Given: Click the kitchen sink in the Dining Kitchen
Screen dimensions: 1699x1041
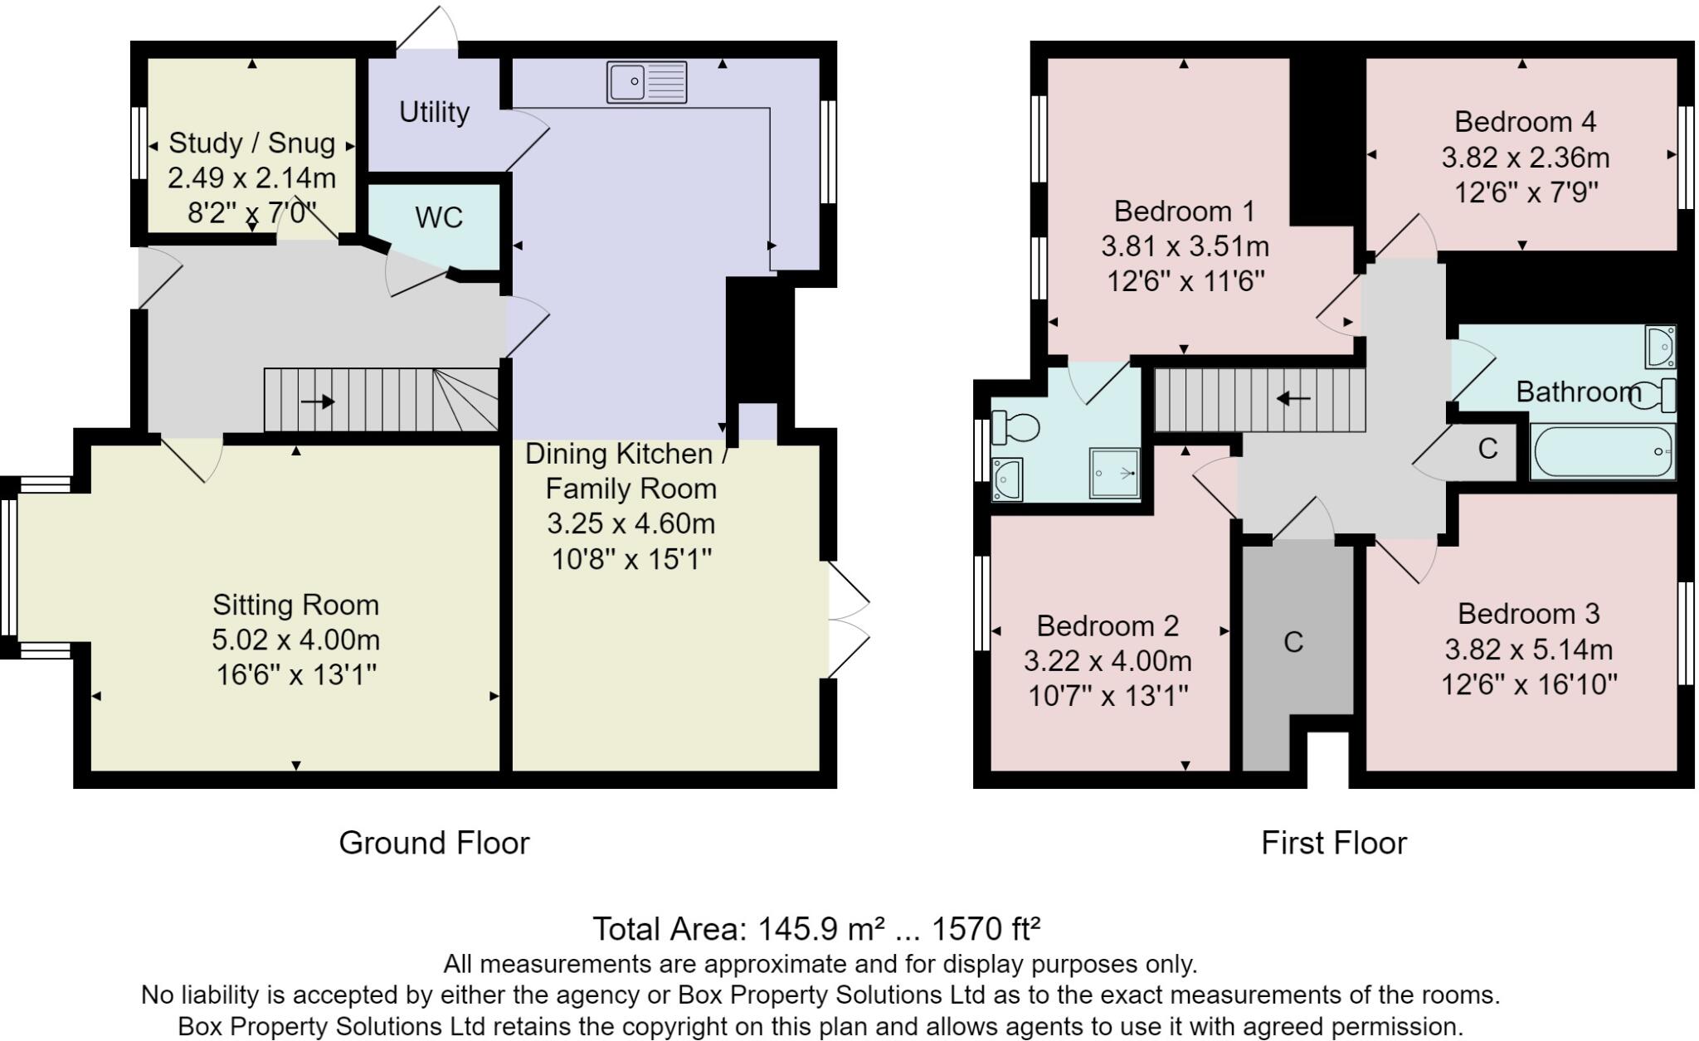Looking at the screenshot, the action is tap(647, 82).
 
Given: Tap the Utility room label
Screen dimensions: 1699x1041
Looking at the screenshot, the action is tap(434, 112).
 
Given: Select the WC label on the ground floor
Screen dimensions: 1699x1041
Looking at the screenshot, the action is tap(438, 217).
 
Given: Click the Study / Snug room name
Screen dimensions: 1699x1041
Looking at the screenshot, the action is tap(252, 143).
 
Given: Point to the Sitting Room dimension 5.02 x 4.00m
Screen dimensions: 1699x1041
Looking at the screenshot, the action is tap(296, 640).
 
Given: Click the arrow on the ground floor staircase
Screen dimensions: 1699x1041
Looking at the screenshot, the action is tap(318, 402).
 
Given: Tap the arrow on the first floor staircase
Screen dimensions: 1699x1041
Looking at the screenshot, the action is tap(1293, 399).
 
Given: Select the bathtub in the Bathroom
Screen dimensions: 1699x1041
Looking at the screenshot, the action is tap(1602, 451).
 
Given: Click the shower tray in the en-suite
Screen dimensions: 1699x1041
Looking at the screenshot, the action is tap(1115, 473).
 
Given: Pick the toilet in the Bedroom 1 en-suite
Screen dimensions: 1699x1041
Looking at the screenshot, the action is tap(1015, 427).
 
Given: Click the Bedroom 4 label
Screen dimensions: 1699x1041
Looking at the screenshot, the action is tap(1525, 122).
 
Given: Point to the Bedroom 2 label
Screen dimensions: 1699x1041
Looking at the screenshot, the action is tap(1108, 625).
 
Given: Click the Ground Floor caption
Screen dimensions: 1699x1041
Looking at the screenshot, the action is tap(434, 843).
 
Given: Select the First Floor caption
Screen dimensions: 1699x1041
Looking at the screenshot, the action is tap(1334, 843).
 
